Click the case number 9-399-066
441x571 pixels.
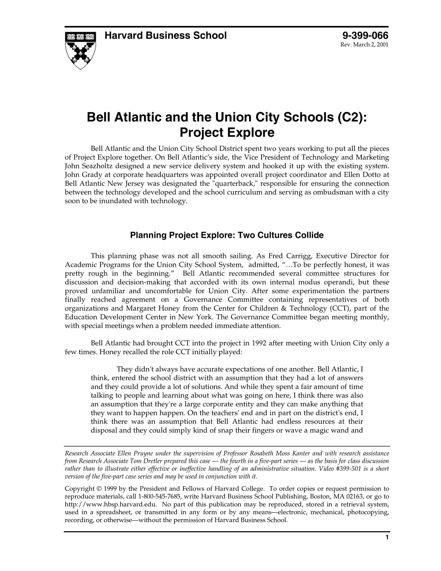365,36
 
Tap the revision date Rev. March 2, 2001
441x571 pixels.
364,45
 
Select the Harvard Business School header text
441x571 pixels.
165,36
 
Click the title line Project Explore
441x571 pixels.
227,133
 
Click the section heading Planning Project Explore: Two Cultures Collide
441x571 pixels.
227,235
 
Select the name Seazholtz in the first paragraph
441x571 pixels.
97,166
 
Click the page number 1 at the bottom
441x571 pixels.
387,537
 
